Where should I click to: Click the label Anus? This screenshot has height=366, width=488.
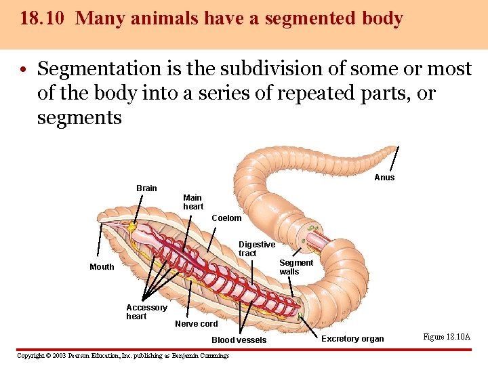(x=384, y=178)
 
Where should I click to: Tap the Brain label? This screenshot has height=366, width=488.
(x=146, y=188)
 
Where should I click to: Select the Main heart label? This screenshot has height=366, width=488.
(x=193, y=202)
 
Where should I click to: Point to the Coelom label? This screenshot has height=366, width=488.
(x=226, y=218)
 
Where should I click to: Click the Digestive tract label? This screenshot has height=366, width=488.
(x=256, y=249)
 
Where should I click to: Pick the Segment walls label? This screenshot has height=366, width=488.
(x=296, y=267)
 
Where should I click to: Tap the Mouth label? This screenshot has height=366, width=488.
(x=102, y=267)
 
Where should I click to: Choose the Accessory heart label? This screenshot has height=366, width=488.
(x=146, y=312)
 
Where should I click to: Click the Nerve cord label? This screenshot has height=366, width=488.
(x=196, y=324)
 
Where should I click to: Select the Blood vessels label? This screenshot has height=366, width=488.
(x=239, y=340)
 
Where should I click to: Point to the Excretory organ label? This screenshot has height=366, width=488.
(x=352, y=339)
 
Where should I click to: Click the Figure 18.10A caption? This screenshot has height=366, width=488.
(x=447, y=337)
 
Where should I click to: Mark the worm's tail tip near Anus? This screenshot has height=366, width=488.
(x=396, y=147)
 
